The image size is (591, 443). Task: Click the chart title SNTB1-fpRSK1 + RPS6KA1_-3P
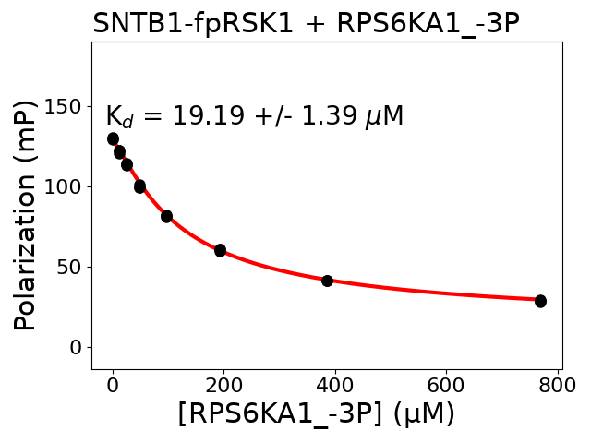(306, 23)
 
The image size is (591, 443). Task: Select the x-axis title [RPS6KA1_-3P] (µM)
(317, 414)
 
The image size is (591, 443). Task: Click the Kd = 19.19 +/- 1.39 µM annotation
(254, 116)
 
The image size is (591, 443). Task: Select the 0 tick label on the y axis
(75, 348)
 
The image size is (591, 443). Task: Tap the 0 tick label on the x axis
(113, 385)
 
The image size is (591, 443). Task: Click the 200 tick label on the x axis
(223, 385)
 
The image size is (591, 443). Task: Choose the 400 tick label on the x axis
(335, 385)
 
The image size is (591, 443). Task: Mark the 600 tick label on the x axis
(446, 385)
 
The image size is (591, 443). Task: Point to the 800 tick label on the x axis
(557, 385)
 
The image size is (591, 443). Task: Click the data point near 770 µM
(540, 301)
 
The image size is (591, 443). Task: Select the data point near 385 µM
(327, 281)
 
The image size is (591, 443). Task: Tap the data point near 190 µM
(220, 250)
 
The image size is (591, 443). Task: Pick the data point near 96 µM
(166, 216)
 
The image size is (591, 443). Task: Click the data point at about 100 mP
(139, 186)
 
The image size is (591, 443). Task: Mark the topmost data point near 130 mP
(113, 139)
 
